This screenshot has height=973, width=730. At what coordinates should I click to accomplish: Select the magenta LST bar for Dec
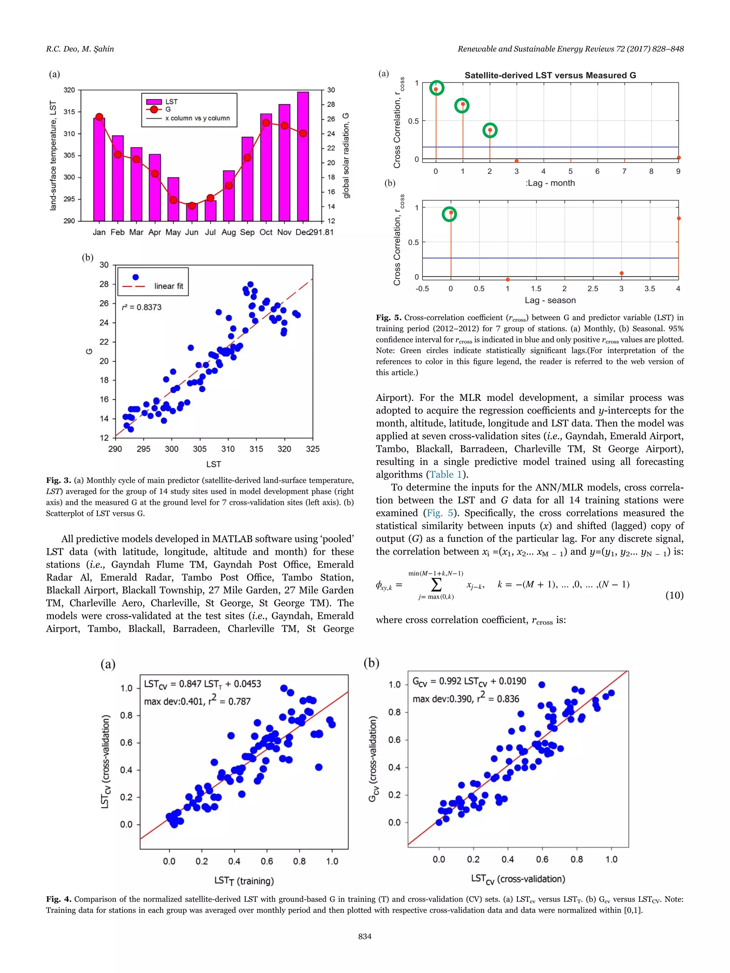pyautogui.click(x=303, y=156)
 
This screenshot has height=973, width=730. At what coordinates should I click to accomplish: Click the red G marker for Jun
pyautogui.click(x=192, y=206)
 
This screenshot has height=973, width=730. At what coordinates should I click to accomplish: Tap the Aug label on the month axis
pyautogui.click(x=228, y=232)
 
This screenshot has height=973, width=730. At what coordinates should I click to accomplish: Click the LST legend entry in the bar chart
pyautogui.click(x=171, y=102)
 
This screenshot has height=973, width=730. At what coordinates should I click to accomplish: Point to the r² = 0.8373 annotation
pyautogui.click(x=142, y=307)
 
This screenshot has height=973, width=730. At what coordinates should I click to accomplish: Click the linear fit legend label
pyautogui.click(x=169, y=286)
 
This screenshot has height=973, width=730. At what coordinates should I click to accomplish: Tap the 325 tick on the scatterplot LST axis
pyautogui.click(x=312, y=449)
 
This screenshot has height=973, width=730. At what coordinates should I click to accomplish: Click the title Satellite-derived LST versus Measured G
pyautogui.click(x=550, y=75)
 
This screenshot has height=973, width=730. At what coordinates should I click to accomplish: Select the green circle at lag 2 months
pyautogui.click(x=490, y=130)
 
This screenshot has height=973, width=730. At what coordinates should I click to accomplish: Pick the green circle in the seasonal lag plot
pyautogui.click(x=449, y=214)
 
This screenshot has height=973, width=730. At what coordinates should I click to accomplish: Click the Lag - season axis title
pyautogui.click(x=550, y=300)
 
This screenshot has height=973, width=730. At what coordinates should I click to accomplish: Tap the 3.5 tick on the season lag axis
pyautogui.click(x=649, y=289)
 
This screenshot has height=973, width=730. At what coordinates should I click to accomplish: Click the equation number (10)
pyautogui.click(x=674, y=595)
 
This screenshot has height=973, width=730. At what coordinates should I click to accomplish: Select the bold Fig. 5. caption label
pyautogui.click(x=389, y=317)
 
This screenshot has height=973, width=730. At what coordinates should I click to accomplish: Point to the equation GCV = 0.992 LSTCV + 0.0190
pyautogui.click(x=469, y=681)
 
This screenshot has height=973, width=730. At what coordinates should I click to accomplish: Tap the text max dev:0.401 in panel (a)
pyautogui.click(x=174, y=701)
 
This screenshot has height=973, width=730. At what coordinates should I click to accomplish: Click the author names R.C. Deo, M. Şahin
pyautogui.click(x=80, y=49)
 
